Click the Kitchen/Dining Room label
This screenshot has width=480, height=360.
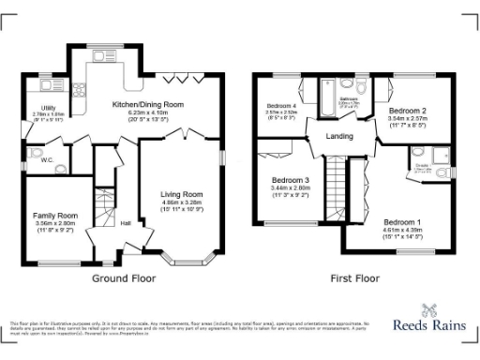pos(147,104)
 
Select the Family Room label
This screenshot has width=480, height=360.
pos(55,216)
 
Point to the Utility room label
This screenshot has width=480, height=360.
pos(36,108)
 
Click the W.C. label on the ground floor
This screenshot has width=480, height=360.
pos(47,158)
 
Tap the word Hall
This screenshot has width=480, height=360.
pos(126,223)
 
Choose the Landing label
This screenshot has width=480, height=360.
pos(338,137)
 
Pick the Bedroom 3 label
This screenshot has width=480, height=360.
pos(291,180)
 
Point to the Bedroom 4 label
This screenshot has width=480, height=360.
pos(281,106)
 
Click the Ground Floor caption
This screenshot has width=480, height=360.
pos(123,278)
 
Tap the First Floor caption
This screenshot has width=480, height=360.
pos(355,278)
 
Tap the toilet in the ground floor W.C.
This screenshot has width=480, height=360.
pos(35,153)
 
